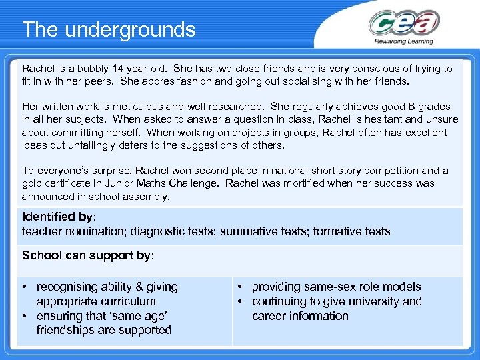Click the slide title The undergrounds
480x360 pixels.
[109, 30]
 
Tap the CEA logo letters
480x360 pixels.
[404, 25]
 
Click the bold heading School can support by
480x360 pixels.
[87, 255]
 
